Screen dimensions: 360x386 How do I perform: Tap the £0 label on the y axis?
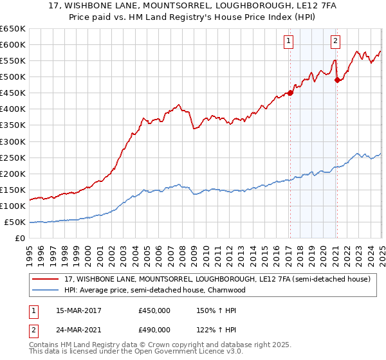[19, 239]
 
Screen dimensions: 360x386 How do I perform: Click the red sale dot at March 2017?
[290, 93]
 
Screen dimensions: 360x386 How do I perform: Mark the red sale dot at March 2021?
[338, 80]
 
